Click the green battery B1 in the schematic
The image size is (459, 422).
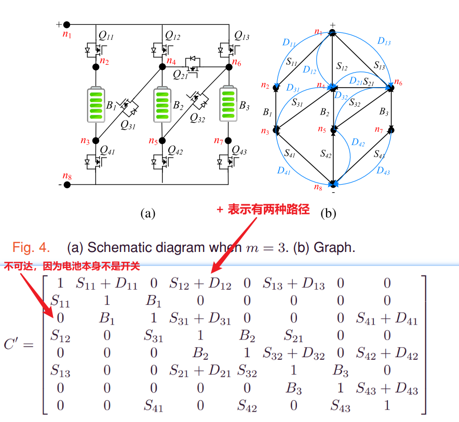tap(96, 104)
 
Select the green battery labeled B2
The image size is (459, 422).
tap(162, 104)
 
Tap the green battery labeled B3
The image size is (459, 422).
tap(228, 104)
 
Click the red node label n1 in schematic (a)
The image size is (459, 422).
tap(67, 35)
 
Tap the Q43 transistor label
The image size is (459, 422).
tap(240, 150)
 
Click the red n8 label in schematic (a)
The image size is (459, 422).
tap(67, 176)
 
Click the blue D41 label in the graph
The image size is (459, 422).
tap(283, 170)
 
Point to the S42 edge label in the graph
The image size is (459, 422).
tap(326, 153)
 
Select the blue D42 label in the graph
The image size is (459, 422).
tap(358, 142)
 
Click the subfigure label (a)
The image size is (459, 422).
tap(147, 213)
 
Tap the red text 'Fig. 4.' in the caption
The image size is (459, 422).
tap(31, 247)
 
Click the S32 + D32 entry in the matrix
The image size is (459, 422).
tap(293, 355)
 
